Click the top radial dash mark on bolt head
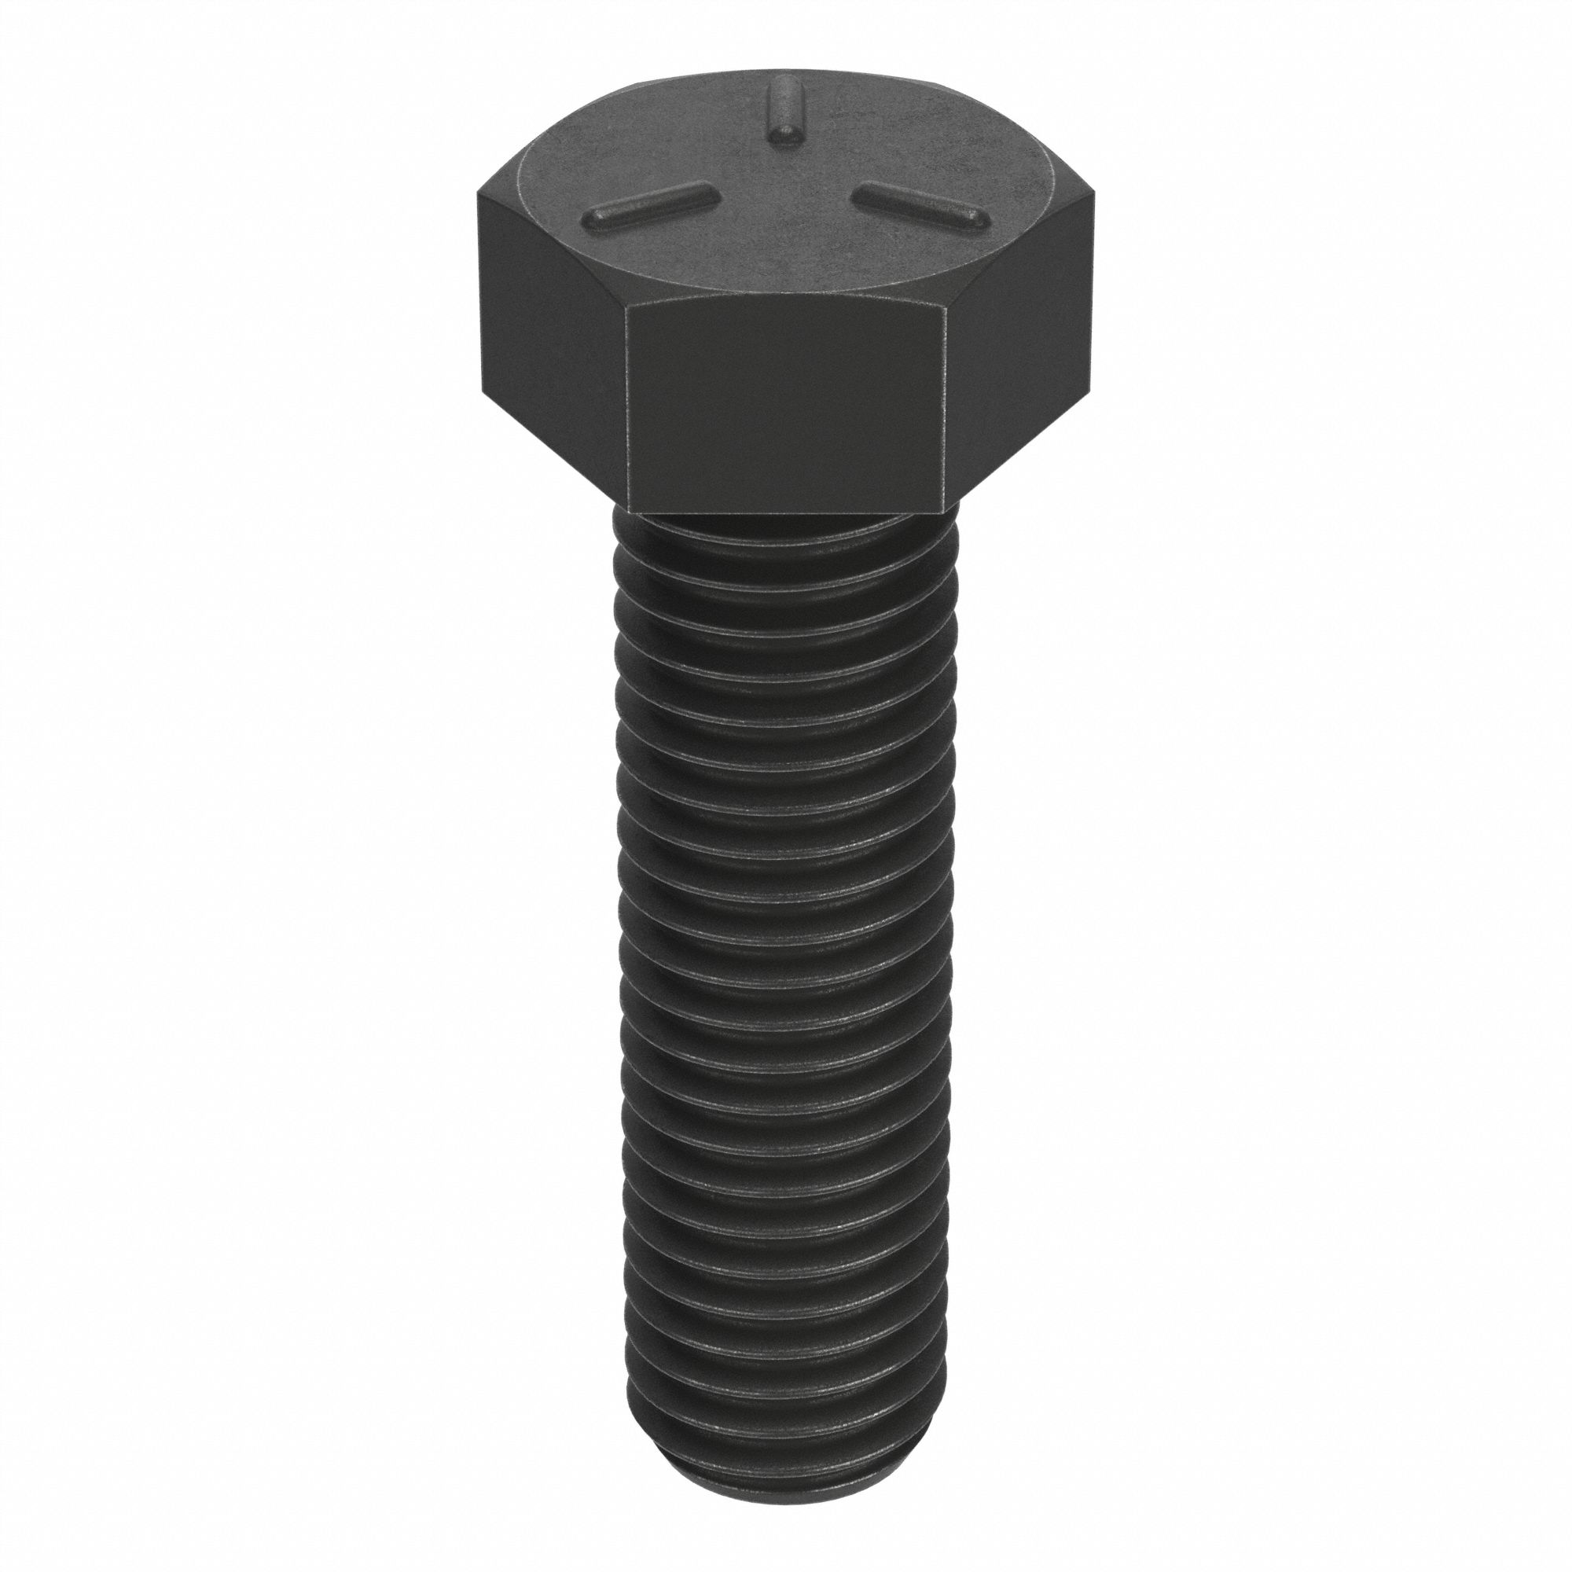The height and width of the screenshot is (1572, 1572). [x=785, y=111]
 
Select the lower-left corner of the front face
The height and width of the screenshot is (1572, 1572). [x=628, y=510]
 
